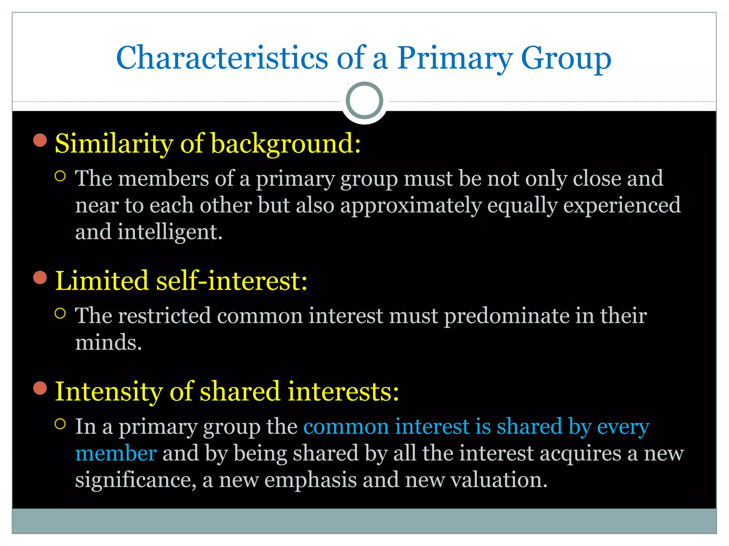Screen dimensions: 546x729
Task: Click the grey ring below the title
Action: pyautogui.click(x=364, y=101)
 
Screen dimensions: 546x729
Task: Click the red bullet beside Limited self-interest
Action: pyautogui.click(x=40, y=278)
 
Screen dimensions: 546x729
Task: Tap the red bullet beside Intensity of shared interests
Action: pyautogui.click(x=40, y=388)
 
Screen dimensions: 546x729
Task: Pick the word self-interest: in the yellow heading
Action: pyautogui.click(x=232, y=281)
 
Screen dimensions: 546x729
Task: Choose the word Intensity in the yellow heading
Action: pyautogui.click(x=109, y=391)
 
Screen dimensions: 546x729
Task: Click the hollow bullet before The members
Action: pyautogui.click(x=61, y=176)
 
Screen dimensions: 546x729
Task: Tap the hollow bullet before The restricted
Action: pyautogui.click(x=61, y=313)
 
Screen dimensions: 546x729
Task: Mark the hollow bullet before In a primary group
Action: pyautogui.click(x=61, y=424)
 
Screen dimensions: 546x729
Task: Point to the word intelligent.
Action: pyautogui.click(x=170, y=232)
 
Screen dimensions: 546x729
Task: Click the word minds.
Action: pyautogui.click(x=108, y=343)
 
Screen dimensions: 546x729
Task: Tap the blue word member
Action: pyautogui.click(x=116, y=454)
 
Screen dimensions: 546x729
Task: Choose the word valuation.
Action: pyautogui.click(x=499, y=480)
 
